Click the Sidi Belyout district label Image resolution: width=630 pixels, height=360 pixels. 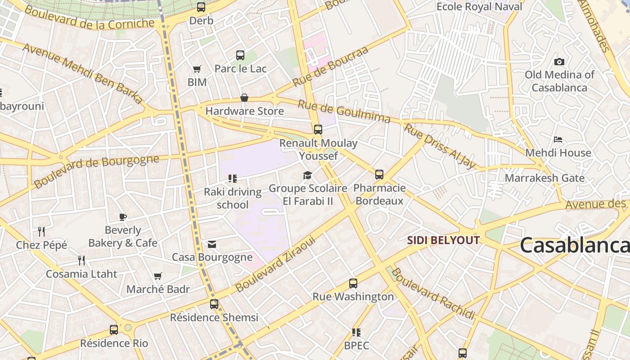443,240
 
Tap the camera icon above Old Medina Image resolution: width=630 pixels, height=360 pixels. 559,62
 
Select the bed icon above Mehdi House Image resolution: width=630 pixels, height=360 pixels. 558,139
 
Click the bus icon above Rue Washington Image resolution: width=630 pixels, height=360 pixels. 353,283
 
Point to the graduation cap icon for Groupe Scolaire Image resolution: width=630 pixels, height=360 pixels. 307,175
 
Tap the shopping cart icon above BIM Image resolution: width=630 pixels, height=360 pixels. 197,69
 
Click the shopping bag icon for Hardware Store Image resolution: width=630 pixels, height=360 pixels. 244,98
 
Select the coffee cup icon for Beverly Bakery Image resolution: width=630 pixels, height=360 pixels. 122,217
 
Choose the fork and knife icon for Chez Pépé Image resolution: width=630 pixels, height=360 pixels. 41,232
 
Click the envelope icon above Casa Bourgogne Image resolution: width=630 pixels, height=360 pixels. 212,244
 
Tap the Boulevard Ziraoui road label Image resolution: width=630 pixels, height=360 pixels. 276,263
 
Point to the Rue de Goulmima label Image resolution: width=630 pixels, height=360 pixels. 344,111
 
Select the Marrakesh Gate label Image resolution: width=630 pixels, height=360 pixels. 544,178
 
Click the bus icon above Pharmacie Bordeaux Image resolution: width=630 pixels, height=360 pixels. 379,175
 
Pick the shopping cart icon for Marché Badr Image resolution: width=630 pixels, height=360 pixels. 157,276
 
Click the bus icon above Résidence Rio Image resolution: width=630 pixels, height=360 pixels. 114,330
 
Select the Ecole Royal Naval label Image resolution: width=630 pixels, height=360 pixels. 479,7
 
